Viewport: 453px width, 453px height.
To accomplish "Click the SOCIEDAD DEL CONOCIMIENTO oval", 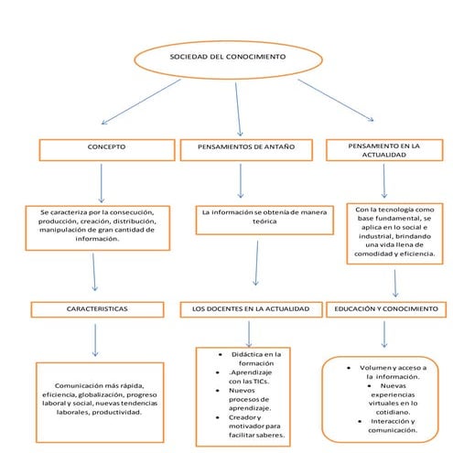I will point(227,58).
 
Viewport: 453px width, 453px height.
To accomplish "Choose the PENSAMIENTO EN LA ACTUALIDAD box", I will point(384,149).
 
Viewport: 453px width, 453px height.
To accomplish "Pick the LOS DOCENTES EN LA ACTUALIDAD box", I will point(250,309).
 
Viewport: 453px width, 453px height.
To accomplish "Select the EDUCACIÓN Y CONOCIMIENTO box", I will point(387,309).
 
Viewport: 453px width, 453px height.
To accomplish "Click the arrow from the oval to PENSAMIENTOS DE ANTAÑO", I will point(237,105).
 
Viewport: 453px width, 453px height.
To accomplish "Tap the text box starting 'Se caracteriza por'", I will point(98,225).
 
